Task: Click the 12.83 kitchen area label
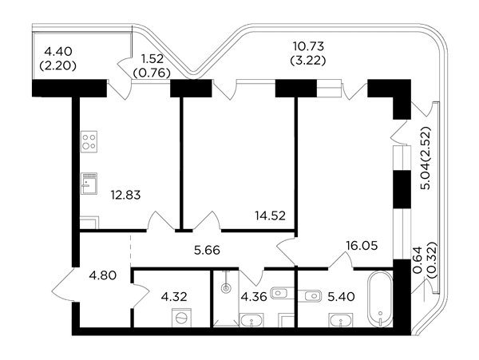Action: pyautogui.click(x=125, y=195)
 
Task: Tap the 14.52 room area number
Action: pyautogui.click(x=271, y=216)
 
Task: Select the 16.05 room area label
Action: pyautogui.click(x=362, y=245)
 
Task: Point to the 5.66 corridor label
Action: pyautogui.click(x=207, y=251)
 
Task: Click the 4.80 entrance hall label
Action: pyautogui.click(x=103, y=275)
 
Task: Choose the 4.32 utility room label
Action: pyautogui.click(x=174, y=296)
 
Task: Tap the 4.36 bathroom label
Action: pyautogui.click(x=254, y=296)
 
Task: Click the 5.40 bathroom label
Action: pyautogui.click(x=341, y=296)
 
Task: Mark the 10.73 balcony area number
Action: pyautogui.click(x=308, y=46)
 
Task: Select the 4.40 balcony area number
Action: pyautogui.click(x=58, y=51)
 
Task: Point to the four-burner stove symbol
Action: pyautogui.click(x=89, y=141)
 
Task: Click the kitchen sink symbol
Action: pyautogui.click(x=89, y=184)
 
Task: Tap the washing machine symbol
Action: pyautogui.click(x=181, y=318)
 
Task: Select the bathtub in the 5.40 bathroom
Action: pyautogui.click(x=380, y=299)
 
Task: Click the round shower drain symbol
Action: pyautogui.click(x=226, y=288)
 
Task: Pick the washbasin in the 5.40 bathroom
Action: pyautogui.click(x=341, y=320)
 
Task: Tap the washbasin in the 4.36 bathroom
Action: pyautogui.click(x=252, y=320)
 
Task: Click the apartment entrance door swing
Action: pyautogui.click(x=62, y=285)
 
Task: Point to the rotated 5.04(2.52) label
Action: pyautogui.click(x=426, y=158)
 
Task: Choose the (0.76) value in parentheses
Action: pyautogui.click(x=152, y=73)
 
